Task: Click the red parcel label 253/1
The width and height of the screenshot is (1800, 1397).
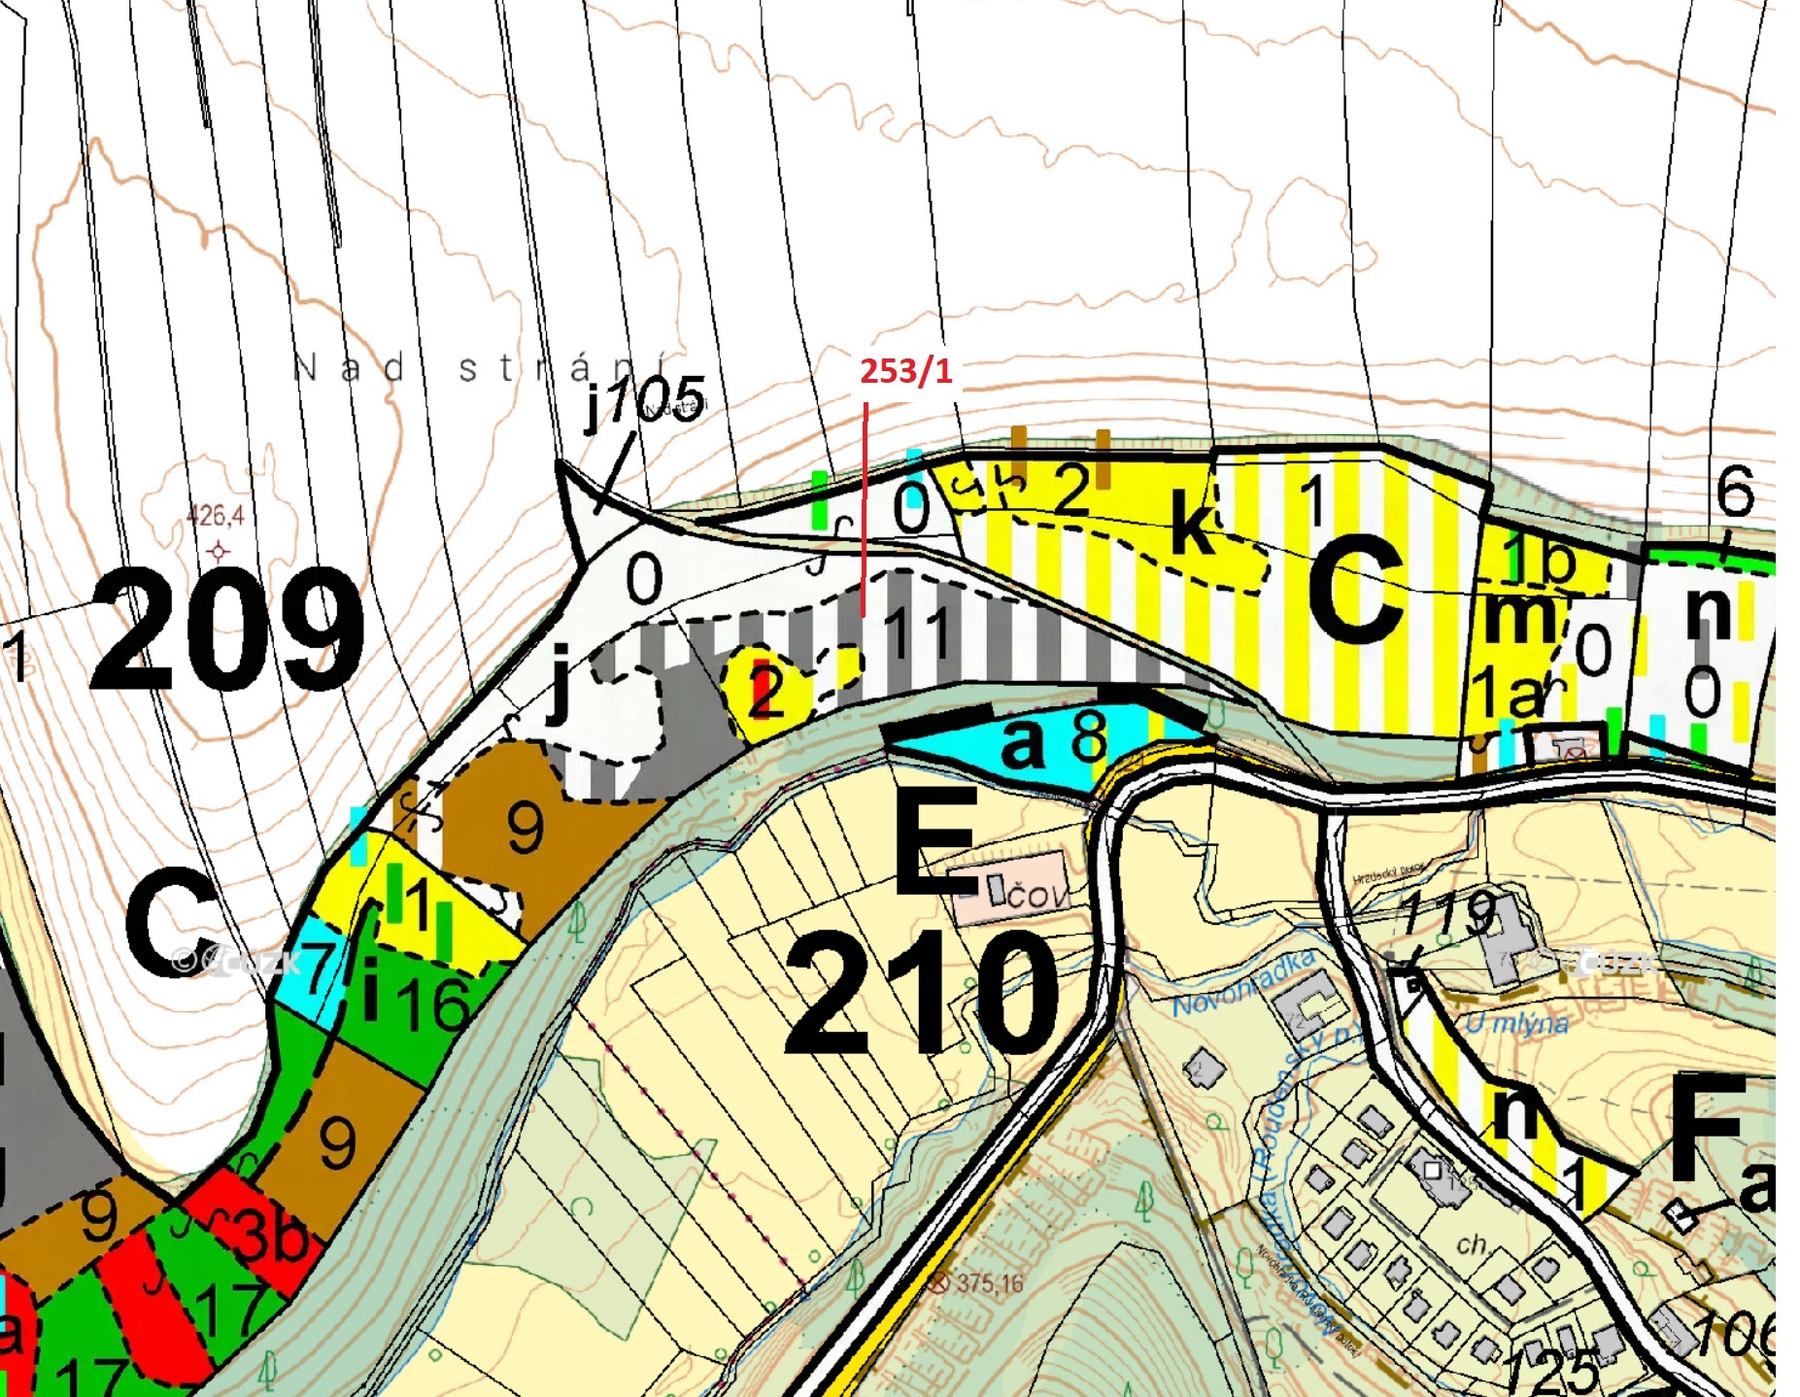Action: click(x=904, y=370)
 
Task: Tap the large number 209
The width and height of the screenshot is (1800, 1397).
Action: click(x=227, y=630)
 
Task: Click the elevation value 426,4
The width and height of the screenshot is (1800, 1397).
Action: click(x=215, y=514)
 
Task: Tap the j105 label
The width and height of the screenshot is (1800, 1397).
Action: click(x=644, y=400)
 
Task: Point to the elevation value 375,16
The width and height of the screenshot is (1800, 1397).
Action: click(x=988, y=1283)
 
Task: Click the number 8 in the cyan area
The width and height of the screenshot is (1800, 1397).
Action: click(x=1089, y=738)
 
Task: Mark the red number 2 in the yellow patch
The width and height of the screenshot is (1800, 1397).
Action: click(x=766, y=691)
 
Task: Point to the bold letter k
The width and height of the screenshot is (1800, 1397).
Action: click(x=1194, y=524)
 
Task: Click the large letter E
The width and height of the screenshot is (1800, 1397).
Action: click(x=935, y=841)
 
